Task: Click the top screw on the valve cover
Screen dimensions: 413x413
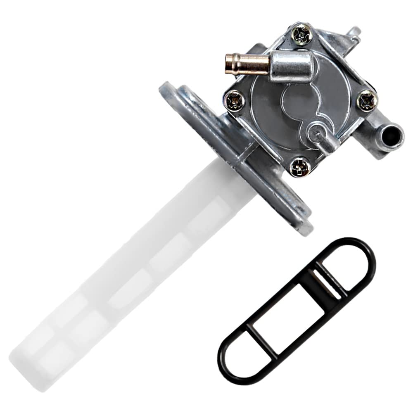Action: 302,35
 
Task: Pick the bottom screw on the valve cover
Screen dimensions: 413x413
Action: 300,167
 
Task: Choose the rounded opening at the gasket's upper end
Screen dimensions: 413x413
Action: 347,264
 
